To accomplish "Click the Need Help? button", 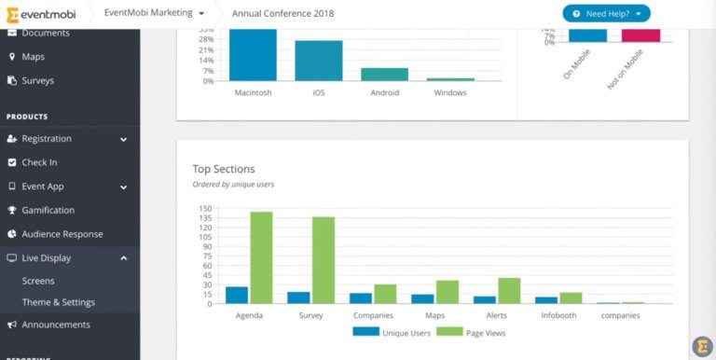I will coord(606,13).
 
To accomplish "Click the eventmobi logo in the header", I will coord(43,14).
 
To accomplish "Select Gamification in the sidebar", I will coord(48,210).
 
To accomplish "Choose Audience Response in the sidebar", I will coord(62,234).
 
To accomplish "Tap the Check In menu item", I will coord(38,162).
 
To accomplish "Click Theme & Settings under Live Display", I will coord(59,302).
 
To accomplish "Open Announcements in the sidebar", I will coord(56,325).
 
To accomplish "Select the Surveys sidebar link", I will coord(37,80).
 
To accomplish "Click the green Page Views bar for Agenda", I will coord(261,257).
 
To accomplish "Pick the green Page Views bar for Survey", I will coord(324,260).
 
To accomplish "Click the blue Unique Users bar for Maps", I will coord(422,298).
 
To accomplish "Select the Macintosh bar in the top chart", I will coord(253,55).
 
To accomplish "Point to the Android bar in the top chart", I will coord(384,74).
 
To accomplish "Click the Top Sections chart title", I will coord(224,169).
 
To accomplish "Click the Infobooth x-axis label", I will coord(558,315).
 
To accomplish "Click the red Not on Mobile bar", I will coord(640,35).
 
